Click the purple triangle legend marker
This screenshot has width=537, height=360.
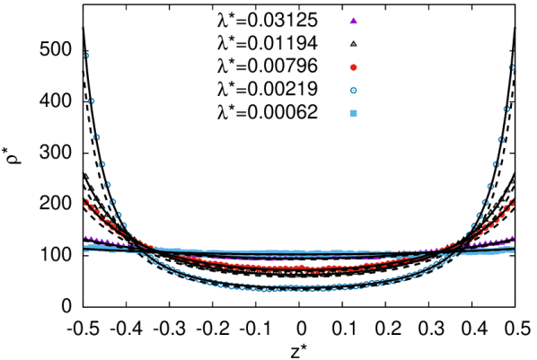[x=353, y=21]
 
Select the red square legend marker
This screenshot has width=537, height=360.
[x=353, y=67]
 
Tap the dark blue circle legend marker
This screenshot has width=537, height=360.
[x=353, y=90]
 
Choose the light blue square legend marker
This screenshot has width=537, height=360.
[x=353, y=113]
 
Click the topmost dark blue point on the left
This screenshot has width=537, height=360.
[x=86, y=56]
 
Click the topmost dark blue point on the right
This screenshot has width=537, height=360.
[x=511, y=67]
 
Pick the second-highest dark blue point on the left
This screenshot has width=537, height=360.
[x=91, y=101]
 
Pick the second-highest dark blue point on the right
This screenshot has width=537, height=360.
[x=506, y=109]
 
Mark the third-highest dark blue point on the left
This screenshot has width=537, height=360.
[x=96, y=137]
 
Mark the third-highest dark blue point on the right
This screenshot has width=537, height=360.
[x=501, y=140]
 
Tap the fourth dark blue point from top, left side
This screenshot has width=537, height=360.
[x=101, y=164]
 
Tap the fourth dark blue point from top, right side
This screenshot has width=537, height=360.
[x=496, y=164]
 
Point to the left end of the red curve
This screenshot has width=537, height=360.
[x=86, y=201]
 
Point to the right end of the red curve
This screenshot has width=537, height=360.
[x=512, y=202]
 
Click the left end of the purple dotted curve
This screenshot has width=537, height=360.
[x=85, y=237]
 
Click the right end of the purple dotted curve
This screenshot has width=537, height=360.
[x=513, y=237]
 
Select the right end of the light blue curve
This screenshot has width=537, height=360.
[x=514, y=250]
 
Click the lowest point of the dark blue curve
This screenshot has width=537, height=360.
[x=269, y=289]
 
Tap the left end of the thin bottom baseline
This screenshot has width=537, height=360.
[x=84, y=307]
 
